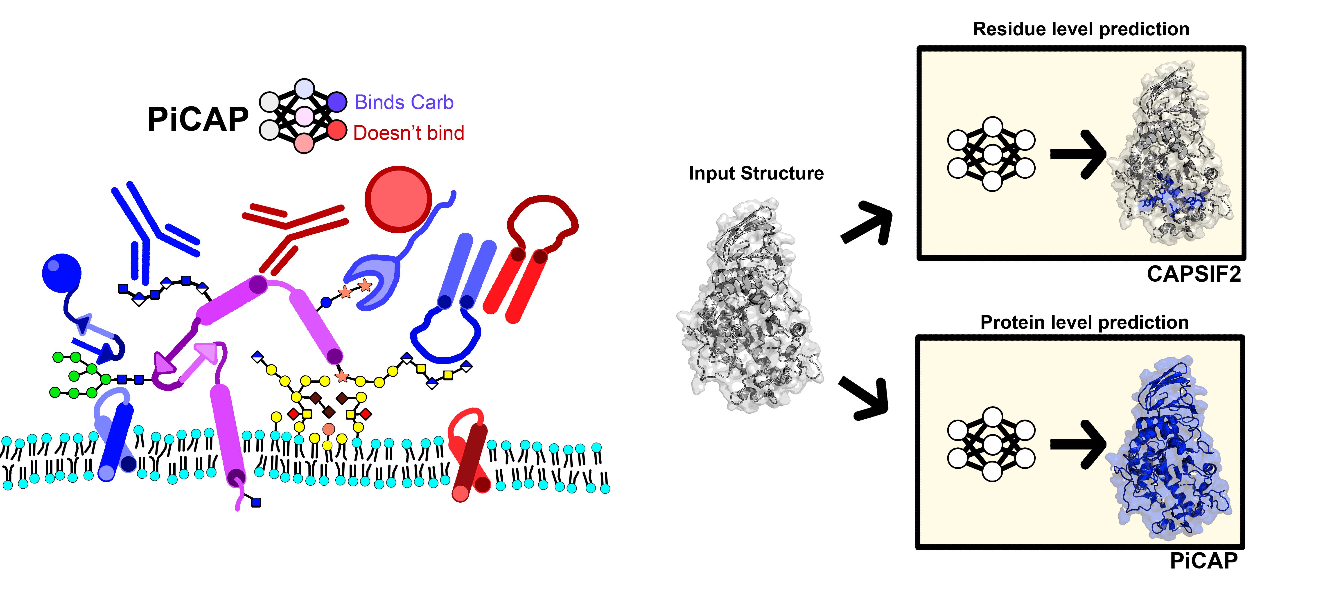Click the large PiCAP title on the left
[x=198, y=120]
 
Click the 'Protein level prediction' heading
[x=1084, y=322]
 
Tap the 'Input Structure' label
[x=756, y=173]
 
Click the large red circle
[x=398, y=199]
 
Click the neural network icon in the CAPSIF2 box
[x=991, y=154]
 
